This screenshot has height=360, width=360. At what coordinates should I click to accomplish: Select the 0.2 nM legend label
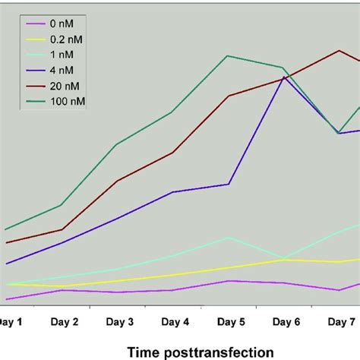pyautogui.click(x=68, y=39)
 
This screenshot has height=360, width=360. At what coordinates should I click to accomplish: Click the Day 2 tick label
pyautogui.click(x=65, y=322)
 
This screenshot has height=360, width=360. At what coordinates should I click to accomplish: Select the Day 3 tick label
pyautogui.click(x=120, y=322)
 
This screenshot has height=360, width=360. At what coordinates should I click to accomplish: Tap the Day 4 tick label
pyautogui.click(x=175, y=322)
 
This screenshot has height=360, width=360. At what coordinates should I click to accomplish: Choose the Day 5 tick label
pyautogui.click(x=231, y=322)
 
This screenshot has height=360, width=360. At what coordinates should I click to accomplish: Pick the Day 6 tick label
pyautogui.click(x=286, y=322)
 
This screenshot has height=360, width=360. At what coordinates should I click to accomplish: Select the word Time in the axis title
pyautogui.click(x=144, y=352)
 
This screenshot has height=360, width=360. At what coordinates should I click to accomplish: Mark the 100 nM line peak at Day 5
pyautogui.click(x=227, y=55)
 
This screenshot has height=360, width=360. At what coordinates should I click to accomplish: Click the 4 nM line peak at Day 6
pyautogui.click(x=284, y=76)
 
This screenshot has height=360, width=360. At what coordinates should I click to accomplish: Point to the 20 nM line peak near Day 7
pyautogui.click(x=339, y=51)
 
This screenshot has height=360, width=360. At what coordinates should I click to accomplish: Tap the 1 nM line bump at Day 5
pyautogui.click(x=228, y=238)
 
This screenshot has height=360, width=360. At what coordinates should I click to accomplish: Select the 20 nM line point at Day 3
pyautogui.click(x=117, y=182)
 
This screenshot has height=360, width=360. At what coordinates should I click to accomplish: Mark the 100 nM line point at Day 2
pyautogui.click(x=62, y=205)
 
